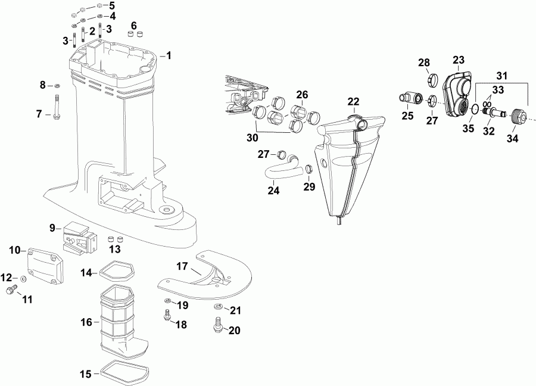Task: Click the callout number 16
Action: pyautogui.click(x=86, y=322)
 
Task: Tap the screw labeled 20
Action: pyautogui.click(x=216, y=325)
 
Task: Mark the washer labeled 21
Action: pyautogui.click(x=219, y=307)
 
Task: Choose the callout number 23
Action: pyautogui.click(x=458, y=60)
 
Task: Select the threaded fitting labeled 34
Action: pyautogui.click(x=518, y=115)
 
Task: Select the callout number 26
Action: pyautogui.click(x=302, y=94)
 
